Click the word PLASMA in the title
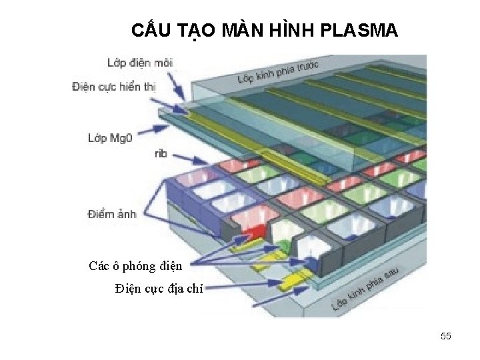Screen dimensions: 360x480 click(360, 31)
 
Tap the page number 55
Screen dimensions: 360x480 click(446, 337)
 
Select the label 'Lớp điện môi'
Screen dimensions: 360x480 click(139, 63)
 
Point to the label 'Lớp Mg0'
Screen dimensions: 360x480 click(111, 138)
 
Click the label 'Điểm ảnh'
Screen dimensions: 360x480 click(112, 214)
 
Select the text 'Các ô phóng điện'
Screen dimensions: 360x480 click(135, 266)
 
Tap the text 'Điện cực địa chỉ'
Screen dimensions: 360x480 click(159, 289)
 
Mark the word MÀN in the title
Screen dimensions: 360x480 click(235, 31)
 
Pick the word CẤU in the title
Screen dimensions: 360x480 click(150, 31)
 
